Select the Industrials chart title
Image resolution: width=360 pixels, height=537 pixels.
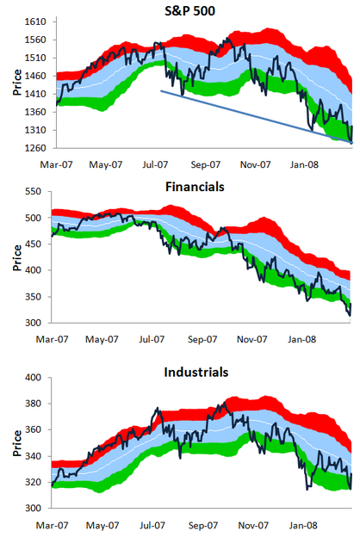[x=196, y=372]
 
